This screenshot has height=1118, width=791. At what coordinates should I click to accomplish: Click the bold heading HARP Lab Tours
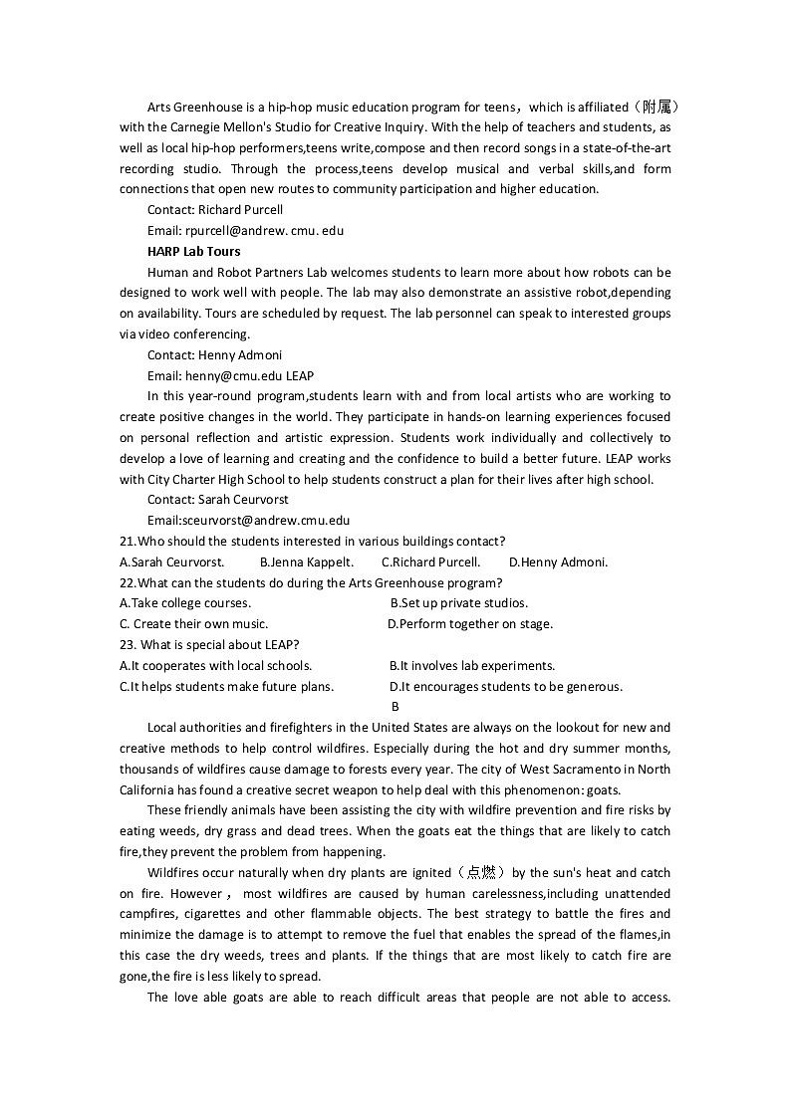pos(193,251)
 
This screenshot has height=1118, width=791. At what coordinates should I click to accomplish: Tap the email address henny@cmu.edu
pos(234,375)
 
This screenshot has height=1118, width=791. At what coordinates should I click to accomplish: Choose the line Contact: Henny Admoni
pos(214,354)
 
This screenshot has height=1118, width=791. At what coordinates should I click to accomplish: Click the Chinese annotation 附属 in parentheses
pos(658,107)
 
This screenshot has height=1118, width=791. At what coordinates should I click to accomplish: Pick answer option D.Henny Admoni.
pos(558,561)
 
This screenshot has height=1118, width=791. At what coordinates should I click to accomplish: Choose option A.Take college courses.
pos(185,602)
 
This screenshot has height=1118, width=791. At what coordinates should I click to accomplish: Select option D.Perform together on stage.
pos(469,623)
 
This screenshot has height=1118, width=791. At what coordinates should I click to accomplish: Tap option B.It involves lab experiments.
pos(472,665)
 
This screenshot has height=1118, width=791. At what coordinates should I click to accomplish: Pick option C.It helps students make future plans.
pos(227,686)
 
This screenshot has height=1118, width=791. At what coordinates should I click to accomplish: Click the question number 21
pos(127,541)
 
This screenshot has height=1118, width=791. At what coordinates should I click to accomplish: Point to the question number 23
pos(128,644)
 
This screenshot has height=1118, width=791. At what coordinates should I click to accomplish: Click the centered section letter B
pos(395,706)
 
